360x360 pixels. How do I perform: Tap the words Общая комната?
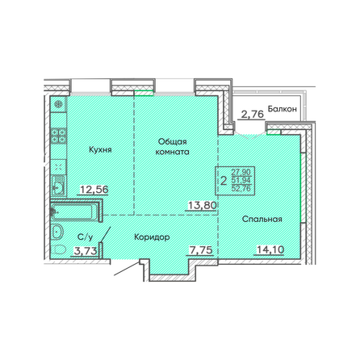pyautogui.click(x=172, y=145)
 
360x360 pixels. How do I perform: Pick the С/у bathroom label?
pyautogui.click(x=83, y=237)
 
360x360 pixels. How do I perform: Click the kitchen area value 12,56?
pyautogui.click(x=94, y=190)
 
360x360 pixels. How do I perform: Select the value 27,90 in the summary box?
pyautogui.click(x=241, y=171)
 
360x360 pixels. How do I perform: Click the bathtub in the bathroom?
pyautogui.click(x=77, y=212)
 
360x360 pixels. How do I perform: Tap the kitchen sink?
pyautogui.click(x=58, y=186)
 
